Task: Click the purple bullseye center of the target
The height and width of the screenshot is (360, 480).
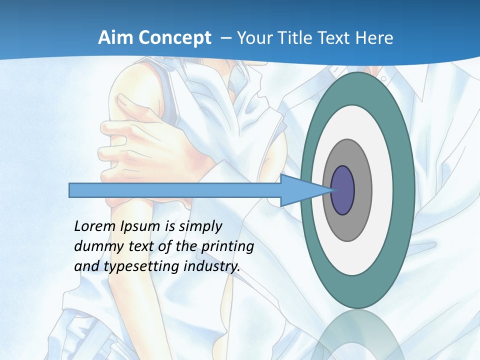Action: pos(343,190)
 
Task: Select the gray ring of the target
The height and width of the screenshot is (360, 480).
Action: pos(362,190)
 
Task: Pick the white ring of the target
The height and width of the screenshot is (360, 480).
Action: pos(382,190)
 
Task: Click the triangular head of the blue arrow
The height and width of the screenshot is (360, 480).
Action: pos(300,190)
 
